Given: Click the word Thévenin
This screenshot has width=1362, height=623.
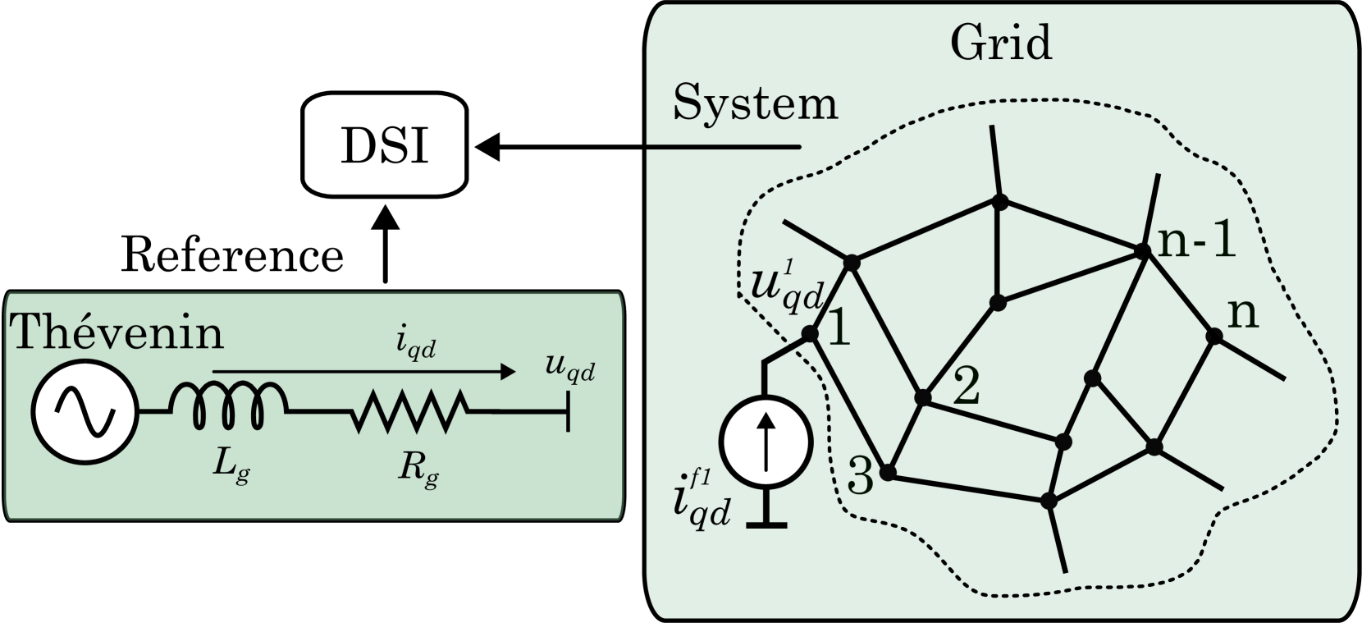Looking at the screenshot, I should pyautogui.click(x=117, y=332).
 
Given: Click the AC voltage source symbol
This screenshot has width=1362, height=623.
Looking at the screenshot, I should pyautogui.click(x=84, y=411).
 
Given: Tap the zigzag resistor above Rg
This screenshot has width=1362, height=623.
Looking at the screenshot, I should pyautogui.click(x=409, y=411).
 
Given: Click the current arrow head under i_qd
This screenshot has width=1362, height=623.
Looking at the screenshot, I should pyautogui.click(x=509, y=372).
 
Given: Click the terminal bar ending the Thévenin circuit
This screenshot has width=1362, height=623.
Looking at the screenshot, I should pyautogui.click(x=568, y=411).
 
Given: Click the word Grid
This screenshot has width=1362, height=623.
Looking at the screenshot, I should pyautogui.click(x=1000, y=43).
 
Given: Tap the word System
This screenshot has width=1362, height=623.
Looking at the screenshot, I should pyautogui.click(x=755, y=104).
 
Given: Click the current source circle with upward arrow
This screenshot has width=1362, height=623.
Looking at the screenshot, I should pyautogui.click(x=766, y=442).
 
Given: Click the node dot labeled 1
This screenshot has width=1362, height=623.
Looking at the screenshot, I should pyautogui.click(x=810, y=333).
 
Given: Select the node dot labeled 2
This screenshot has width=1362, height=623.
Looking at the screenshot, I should pyautogui.click(x=923, y=397).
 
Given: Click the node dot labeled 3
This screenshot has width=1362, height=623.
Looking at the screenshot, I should pyautogui.click(x=887, y=473).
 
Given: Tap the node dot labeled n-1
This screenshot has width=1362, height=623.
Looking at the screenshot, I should pyautogui.click(x=1141, y=250).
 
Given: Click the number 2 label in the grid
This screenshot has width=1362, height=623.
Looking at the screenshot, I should pyautogui.click(x=967, y=385).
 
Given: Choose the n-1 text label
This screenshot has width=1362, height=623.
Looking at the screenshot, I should pyautogui.click(x=1196, y=240).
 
